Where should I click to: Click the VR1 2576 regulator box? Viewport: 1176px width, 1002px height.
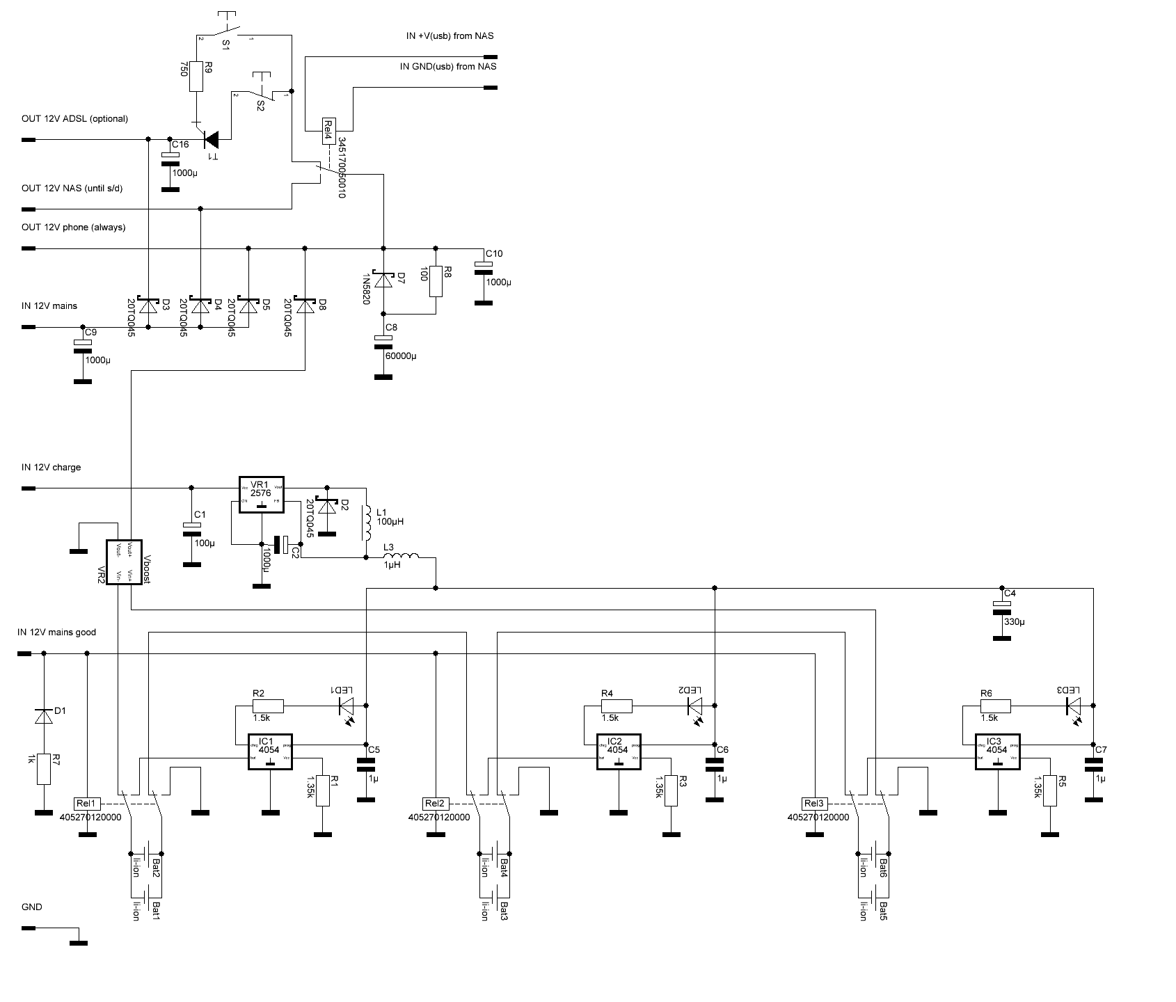[262, 495]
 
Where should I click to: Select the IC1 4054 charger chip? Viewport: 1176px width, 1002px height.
[270, 751]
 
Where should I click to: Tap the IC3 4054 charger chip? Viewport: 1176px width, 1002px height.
[997, 751]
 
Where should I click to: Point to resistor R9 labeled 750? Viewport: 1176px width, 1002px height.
[196, 77]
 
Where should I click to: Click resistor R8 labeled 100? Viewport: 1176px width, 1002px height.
[436, 282]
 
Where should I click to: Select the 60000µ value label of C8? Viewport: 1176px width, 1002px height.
[400, 356]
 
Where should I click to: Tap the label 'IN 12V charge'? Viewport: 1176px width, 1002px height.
[51, 467]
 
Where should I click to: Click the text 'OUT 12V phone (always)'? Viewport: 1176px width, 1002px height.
[74, 228]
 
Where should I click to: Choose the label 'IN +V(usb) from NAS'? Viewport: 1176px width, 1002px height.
[450, 35]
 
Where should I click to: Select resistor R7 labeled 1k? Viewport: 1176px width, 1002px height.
[44, 769]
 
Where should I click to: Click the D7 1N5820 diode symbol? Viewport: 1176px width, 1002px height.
[383, 280]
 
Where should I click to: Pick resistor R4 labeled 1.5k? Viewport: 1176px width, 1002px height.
[617, 706]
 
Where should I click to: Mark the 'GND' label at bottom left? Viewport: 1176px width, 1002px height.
[32, 907]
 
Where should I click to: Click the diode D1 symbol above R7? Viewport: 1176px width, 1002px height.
[44, 716]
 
